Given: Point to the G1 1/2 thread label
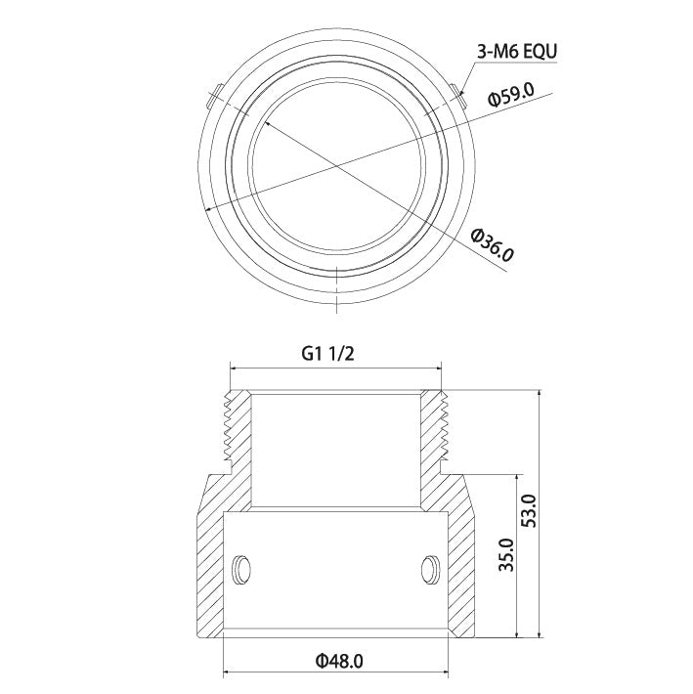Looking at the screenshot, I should [326, 355].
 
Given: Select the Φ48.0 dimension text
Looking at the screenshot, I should [339, 661].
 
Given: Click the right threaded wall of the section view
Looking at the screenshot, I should [432, 428].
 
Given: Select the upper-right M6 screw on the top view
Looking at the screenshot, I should [458, 96].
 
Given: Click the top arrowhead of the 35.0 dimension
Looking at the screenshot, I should [516, 476].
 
